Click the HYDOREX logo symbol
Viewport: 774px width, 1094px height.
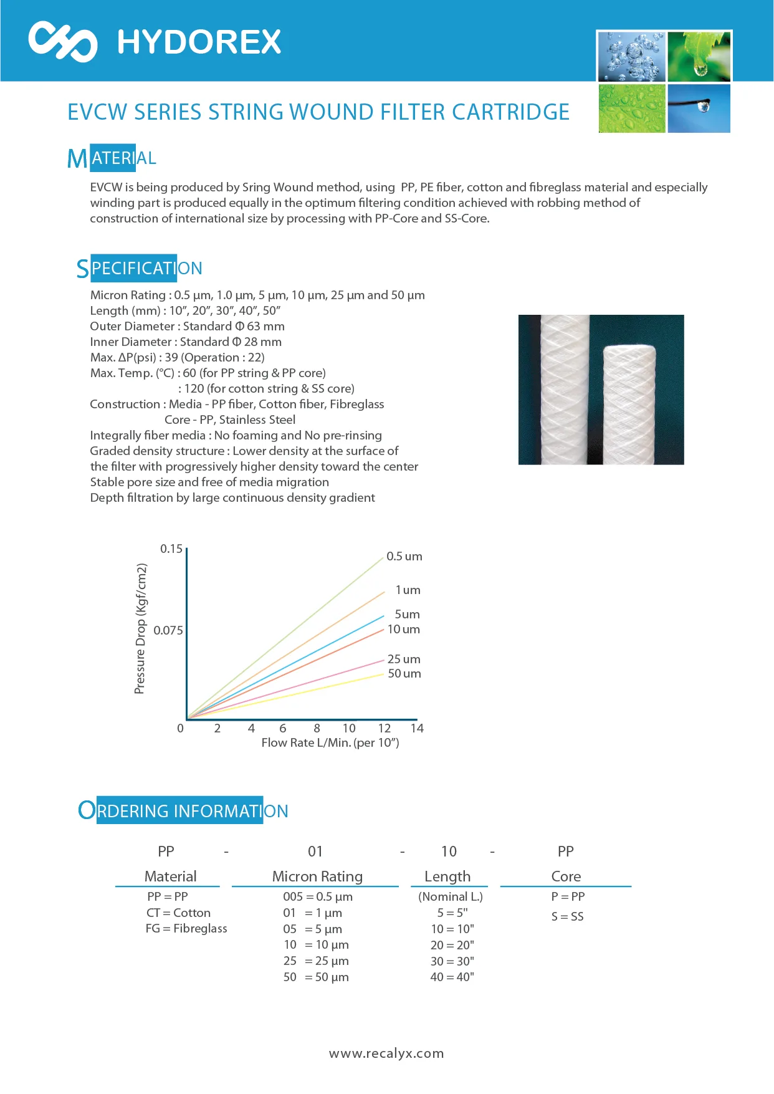(x=62, y=41)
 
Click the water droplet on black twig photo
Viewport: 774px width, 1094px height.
(x=699, y=108)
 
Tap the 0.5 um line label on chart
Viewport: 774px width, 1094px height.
(x=404, y=556)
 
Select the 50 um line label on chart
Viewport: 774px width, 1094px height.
(x=404, y=673)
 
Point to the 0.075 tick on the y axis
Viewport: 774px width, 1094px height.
(x=168, y=630)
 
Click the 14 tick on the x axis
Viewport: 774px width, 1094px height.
(x=417, y=728)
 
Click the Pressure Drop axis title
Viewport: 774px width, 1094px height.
(x=141, y=628)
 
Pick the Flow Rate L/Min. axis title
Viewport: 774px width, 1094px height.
(x=330, y=742)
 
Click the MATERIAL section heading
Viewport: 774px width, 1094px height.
(x=112, y=158)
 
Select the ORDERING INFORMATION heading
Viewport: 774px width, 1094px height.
(x=183, y=810)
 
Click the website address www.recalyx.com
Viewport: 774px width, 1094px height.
(x=386, y=1053)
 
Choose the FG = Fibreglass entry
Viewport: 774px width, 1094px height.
(x=186, y=928)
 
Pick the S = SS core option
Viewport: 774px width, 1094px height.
(x=567, y=916)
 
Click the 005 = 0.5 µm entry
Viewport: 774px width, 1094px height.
(x=318, y=896)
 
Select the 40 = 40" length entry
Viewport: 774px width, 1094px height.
(x=452, y=977)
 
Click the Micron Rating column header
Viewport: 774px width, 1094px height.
(x=317, y=876)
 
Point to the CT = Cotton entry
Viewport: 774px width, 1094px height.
(x=178, y=913)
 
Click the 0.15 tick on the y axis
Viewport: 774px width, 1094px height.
(x=171, y=549)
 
